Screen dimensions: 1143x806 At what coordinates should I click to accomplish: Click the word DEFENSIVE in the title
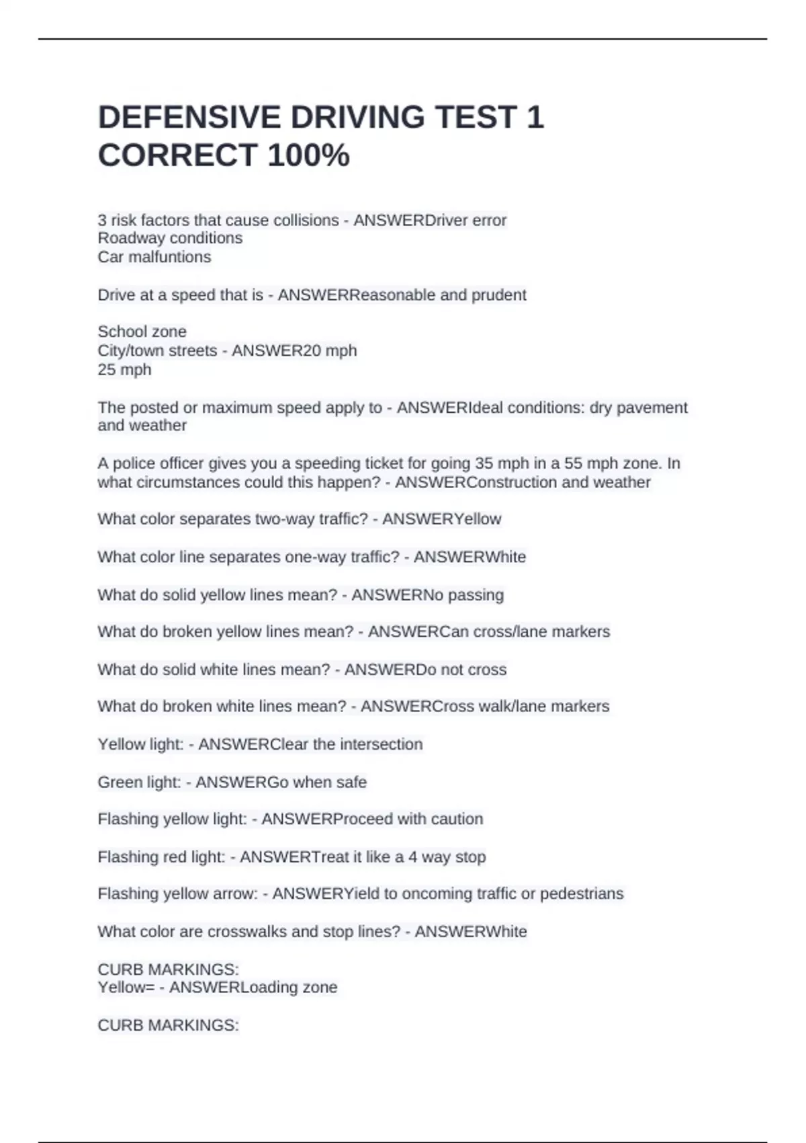tap(189, 118)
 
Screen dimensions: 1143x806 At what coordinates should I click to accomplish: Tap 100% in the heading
tap(308, 155)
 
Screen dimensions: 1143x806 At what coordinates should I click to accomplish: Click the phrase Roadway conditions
tap(170, 238)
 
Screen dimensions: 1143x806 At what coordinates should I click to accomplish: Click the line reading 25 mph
tap(124, 370)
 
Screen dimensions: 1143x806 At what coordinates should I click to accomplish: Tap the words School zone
tap(142, 331)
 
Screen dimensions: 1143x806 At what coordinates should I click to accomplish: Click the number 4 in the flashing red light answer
tap(412, 857)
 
